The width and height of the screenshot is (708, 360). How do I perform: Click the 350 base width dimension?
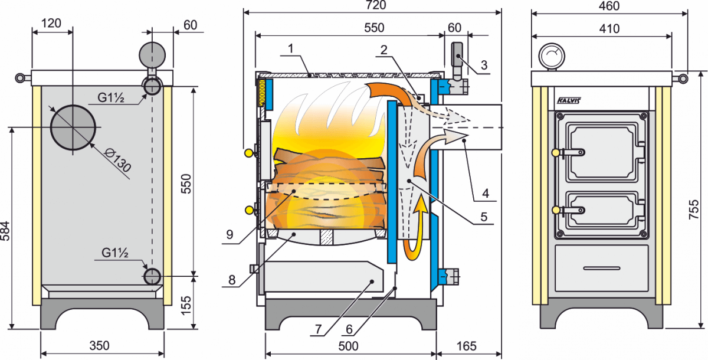(x=100, y=345)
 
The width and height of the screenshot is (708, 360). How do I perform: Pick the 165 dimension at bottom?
(x=466, y=346)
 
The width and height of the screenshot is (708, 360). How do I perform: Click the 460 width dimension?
(x=609, y=6)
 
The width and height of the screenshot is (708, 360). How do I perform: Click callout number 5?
(x=483, y=217)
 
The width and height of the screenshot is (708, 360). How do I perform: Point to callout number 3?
(x=484, y=64)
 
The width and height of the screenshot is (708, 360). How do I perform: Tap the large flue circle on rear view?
(x=73, y=127)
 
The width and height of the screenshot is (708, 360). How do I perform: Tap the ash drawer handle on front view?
(x=602, y=268)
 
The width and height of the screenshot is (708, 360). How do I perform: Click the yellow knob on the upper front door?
(x=555, y=152)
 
